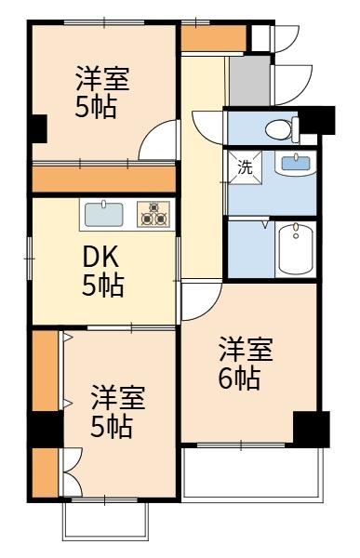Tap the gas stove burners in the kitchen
pyautogui.click(x=153, y=215)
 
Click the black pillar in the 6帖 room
pyautogui.click(x=311, y=427)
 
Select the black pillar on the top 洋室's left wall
pyautogui.click(x=38, y=128)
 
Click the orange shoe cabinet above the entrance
pyautogui.click(x=213, y=38)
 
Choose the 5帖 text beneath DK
pyautogui.click(x=102, y=286)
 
